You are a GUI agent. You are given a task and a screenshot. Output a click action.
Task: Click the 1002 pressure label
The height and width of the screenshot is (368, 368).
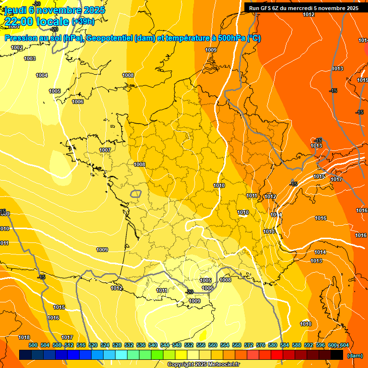(x=17, y=47)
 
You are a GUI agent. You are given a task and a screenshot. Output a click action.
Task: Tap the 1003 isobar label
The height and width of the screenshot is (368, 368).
(x=30, y=58)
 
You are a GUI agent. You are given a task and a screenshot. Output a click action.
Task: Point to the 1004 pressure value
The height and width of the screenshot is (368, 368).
(x=42, y=75)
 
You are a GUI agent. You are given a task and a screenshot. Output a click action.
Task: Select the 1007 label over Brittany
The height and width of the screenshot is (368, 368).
(x=105, y=150)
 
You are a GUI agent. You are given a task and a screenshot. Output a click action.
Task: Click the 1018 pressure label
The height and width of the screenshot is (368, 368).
(x=24, y=337)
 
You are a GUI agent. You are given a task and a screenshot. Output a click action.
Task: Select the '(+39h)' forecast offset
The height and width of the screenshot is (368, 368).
(x=83, y=22)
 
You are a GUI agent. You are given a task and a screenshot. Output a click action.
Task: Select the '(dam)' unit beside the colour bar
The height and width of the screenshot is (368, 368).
(x=355, y=356)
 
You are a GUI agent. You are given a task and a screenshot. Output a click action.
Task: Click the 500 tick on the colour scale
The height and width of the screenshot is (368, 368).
(x=33, y=345)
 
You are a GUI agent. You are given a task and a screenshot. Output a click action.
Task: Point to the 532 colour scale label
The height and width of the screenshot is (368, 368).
(x=129, y=345)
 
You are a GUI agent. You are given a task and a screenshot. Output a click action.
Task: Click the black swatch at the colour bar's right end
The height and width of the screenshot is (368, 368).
(x=337, y=355)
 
